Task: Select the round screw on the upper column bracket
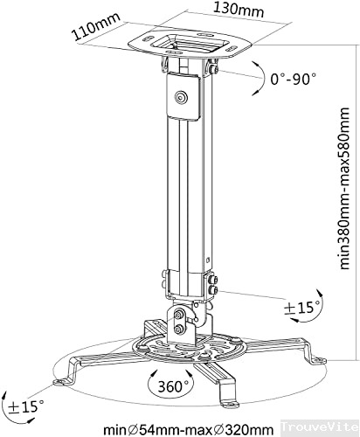tap(181, 99)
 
